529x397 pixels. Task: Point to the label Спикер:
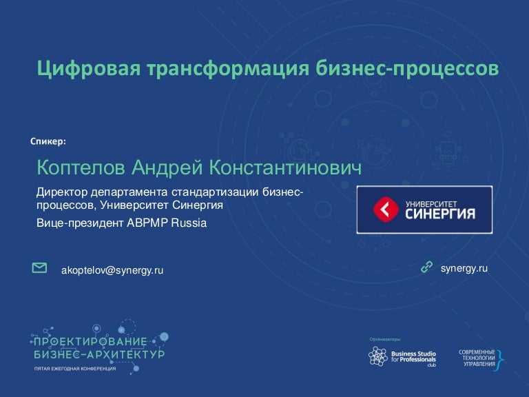[48, 142]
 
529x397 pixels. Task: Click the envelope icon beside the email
[40, 267]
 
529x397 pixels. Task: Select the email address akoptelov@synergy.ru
[113, 270]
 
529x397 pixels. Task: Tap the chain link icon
[426, 266]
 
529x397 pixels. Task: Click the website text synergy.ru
[464, 267]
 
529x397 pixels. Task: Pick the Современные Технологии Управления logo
[481, 356]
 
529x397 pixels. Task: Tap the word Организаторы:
[385, 339]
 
